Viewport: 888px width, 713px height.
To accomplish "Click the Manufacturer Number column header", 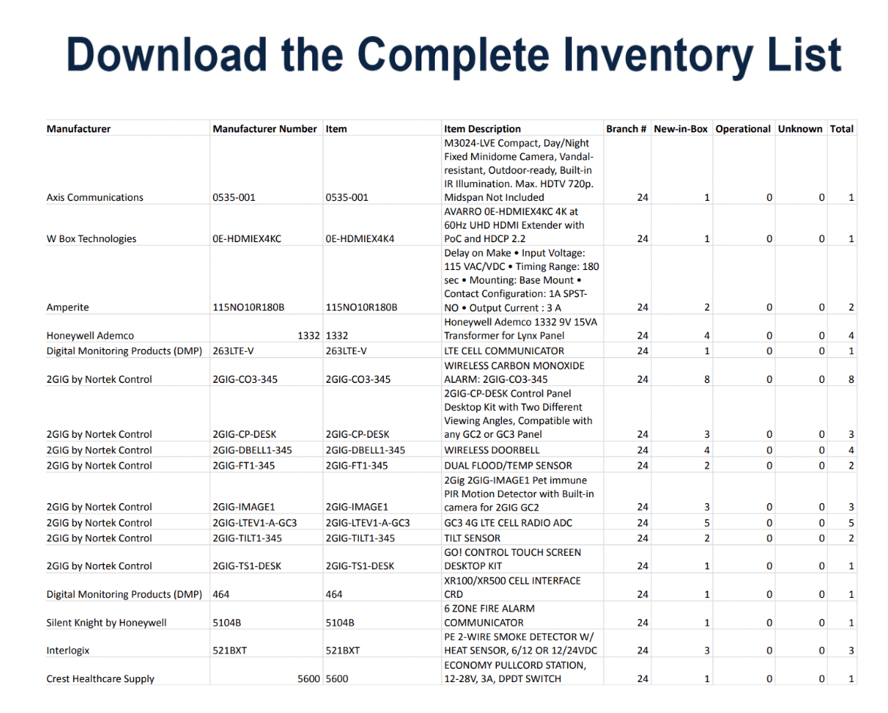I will point(264,129).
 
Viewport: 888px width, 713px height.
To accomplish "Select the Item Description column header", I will point(482,129).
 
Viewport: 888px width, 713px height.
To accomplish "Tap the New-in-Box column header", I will point(680,129).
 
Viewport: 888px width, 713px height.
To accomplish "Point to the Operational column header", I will point(743,129).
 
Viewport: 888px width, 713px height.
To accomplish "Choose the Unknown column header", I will point(800,129).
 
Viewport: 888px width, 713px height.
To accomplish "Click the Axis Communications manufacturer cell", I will point(95,198).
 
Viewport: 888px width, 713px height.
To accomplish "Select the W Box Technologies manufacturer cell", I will point(91,239).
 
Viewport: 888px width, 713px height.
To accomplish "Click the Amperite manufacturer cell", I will point(68,308).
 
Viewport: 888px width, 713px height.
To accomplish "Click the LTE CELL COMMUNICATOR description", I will point(503,350).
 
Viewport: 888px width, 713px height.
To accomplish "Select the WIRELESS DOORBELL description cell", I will point(491,450).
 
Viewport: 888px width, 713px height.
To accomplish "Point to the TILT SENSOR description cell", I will point(472,538).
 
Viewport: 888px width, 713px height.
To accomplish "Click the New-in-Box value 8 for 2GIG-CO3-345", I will point(707,380).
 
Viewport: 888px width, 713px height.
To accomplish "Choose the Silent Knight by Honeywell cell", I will point(106,623).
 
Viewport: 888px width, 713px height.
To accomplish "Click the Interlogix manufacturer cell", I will point(68,651).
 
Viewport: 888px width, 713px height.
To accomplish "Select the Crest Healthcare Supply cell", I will point(100,679).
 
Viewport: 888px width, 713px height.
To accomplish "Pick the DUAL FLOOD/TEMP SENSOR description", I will point(508,466).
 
